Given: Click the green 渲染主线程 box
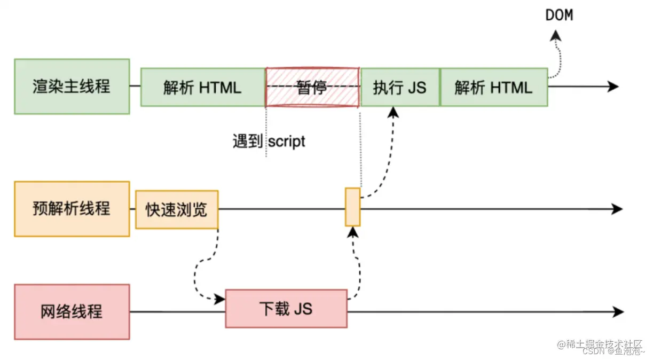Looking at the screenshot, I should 72,87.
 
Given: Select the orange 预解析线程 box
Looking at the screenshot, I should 72,209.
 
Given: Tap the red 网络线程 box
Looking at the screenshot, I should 72,312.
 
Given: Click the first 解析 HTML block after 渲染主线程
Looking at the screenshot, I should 203,87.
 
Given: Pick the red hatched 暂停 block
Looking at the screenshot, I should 312,87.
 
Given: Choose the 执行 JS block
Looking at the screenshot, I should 400,87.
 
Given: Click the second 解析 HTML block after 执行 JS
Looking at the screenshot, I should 493,87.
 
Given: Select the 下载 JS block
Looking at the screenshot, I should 286,309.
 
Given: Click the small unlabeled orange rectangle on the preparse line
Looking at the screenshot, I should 352,207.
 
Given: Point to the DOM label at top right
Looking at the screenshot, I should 559,15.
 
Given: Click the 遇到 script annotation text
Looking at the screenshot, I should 269,142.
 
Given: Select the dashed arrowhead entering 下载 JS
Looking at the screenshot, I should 219,299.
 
